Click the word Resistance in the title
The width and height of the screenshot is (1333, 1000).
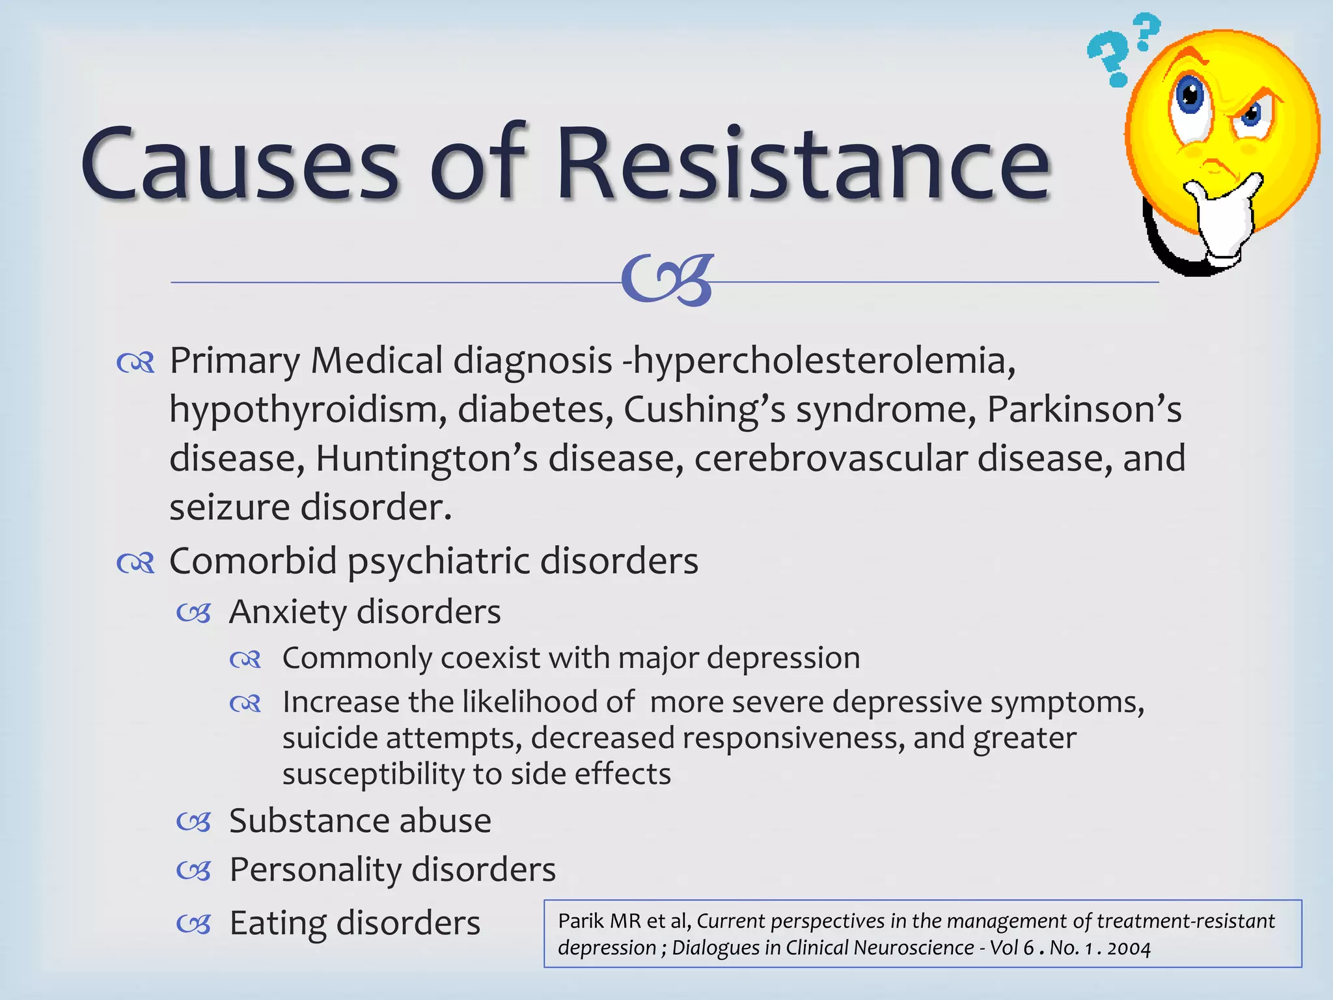[804, 163]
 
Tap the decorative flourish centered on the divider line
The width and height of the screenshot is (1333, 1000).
[668, 280]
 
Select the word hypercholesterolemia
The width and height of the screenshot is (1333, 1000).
[823, 361]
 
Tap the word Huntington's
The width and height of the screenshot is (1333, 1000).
[426, 458]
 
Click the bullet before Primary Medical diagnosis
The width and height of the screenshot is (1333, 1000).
[135, 363]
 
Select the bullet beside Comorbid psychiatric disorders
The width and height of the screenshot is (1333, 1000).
[135, 562]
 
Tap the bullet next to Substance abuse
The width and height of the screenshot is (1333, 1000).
[194, 822]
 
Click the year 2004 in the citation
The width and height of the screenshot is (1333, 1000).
[1129, 949]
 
